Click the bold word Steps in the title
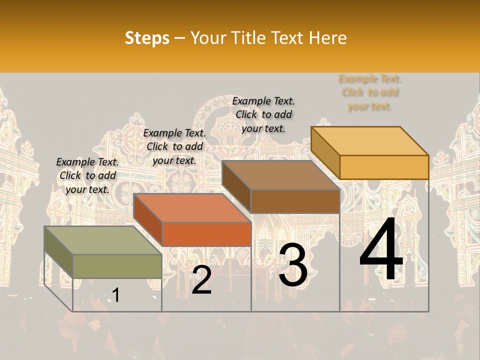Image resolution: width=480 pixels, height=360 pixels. (147, 38)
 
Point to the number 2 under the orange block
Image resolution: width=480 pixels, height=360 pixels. (201, 280)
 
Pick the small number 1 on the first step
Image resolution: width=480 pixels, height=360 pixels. (116, 295)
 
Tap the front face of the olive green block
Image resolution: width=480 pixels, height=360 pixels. (117, 266)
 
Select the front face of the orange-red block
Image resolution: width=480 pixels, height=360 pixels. (206, 234)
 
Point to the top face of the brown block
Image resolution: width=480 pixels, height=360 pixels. (280, 175)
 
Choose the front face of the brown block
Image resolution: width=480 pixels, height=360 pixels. (295, 201)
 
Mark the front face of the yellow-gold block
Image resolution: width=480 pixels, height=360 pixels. (384, 167)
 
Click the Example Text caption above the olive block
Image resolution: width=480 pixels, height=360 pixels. (87, 175)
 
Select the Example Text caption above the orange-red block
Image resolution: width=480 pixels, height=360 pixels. (174, 146)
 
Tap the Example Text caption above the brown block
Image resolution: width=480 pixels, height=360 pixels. (263, 114)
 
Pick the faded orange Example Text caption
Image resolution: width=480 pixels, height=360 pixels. (370, 92)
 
